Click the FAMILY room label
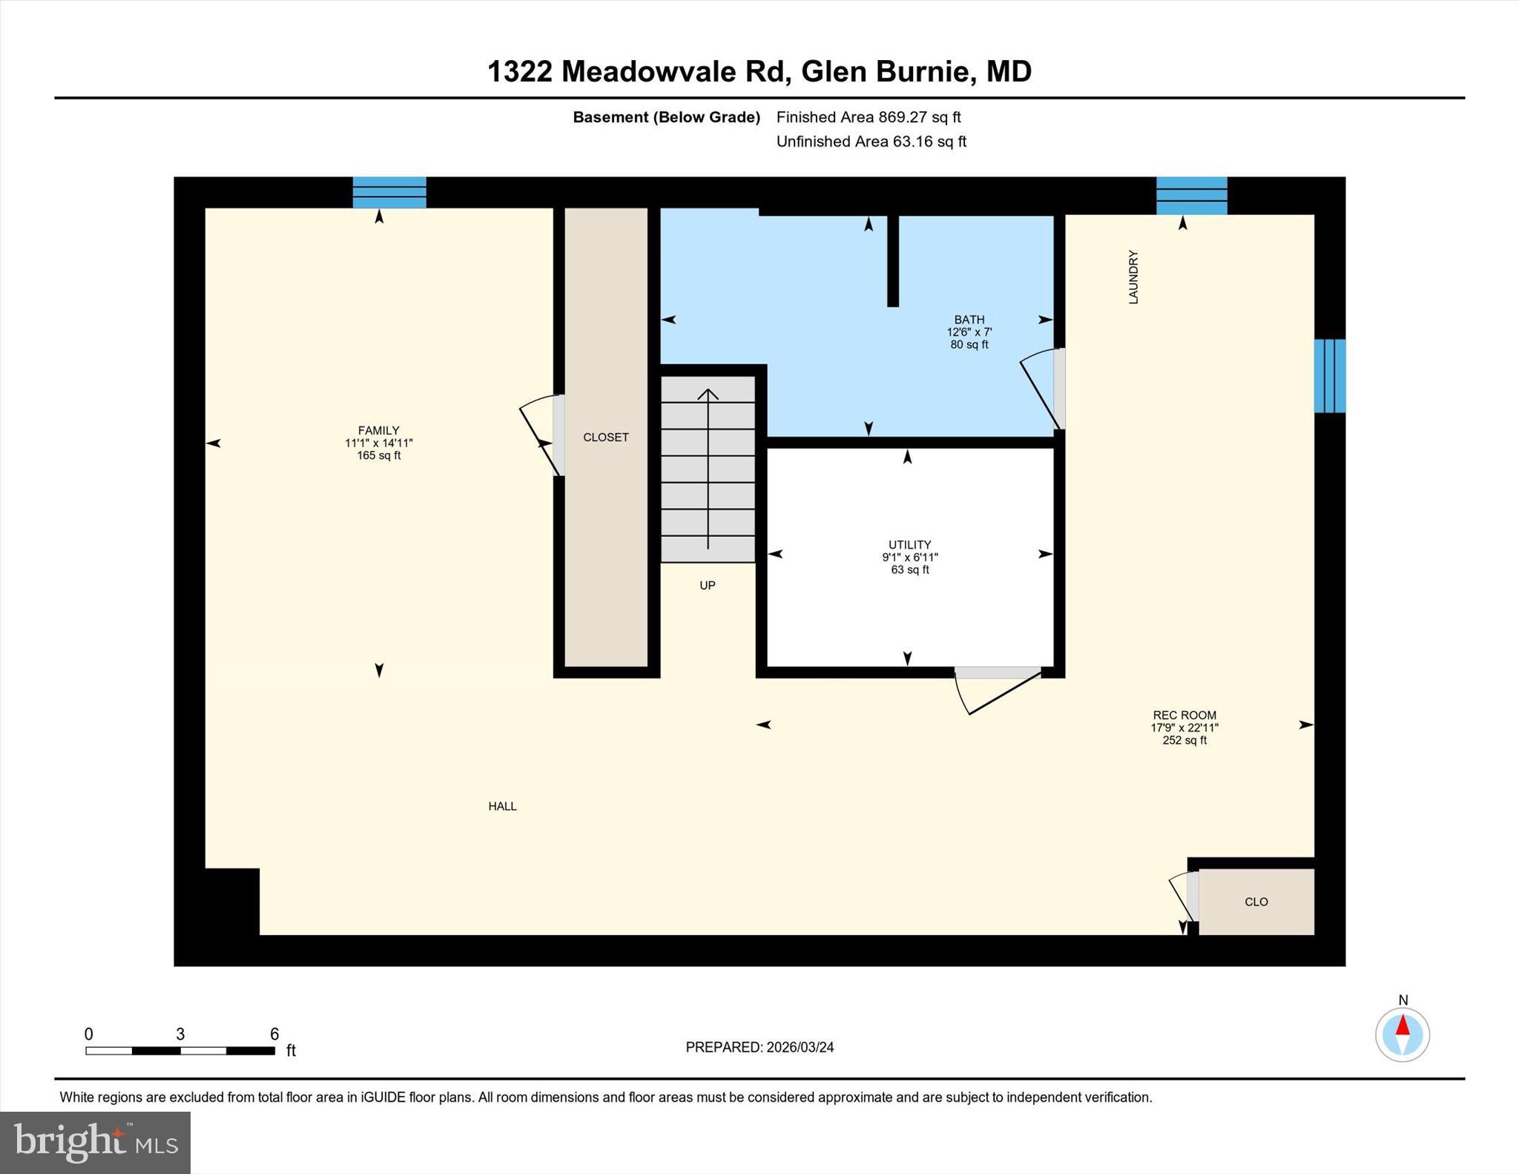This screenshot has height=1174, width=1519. pyautogui.click(x=378, y=430)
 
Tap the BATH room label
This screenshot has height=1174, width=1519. pyautogui.click(x=969, y=320)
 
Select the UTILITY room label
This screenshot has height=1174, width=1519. pyautogui.click(x=909, y=544)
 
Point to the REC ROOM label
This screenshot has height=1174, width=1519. pyautogui.click(x=1184, y=716)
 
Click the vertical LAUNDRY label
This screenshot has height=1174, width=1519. pyautogui.click(x=1133, y=277)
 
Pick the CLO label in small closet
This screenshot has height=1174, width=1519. pyautogui.click(x=1256, y=902)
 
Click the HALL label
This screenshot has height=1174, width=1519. pyautogui.click(x=502, y=806)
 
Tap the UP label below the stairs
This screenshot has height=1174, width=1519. pyautogui.click(x=707, y=585)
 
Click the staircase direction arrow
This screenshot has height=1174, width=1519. pyautogui.click(x=708, y=467)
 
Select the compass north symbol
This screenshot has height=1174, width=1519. pyautogui.click(x=1402, y=1034)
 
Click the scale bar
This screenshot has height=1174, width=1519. pyautogui.click(x=180, y=1050)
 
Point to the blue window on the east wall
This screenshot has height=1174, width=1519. pyautogui.click(x=1329, y=375)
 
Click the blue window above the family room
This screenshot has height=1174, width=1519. pyautogui.click(x=389, y=192)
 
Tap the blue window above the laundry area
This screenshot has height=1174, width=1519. pyautogui.click(x=1191, y=195)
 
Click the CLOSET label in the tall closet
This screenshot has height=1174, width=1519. pyautogui.click(x=605, y=437)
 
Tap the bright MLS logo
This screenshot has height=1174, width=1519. pyautogui.click(x=95, y=1142)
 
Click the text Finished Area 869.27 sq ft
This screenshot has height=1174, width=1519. pyautogui.click(x=868, y=117)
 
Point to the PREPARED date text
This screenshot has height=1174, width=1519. pyautogui.click(x=759, y=1047)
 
